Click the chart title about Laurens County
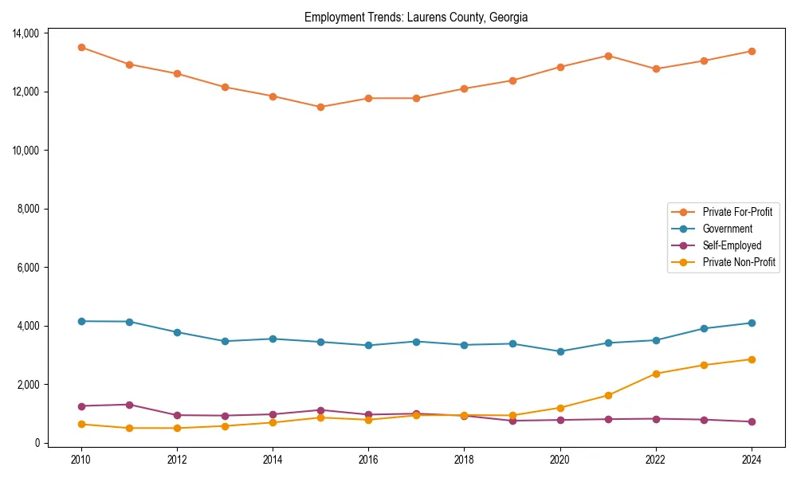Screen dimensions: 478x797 [416, 18]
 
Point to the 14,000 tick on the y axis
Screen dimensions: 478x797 [27, 33]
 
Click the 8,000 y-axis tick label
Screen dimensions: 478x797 [29, 209]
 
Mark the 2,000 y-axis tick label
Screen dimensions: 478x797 [29, 385]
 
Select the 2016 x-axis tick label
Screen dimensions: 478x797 [368, 460]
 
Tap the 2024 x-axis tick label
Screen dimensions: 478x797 [751, 460]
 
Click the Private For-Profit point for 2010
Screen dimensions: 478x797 [81, 47]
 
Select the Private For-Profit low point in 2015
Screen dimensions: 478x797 [320, 107]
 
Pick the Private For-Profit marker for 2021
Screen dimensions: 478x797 [607, 56]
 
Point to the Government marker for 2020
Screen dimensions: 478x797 [559, 351]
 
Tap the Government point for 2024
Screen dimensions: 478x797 [751, 323]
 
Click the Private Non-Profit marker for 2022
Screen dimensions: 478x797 [655, 374]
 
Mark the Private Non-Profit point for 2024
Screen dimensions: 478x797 [751, 359]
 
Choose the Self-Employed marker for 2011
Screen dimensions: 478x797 [129, 405]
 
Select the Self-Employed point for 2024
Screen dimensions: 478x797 [751, 421]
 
